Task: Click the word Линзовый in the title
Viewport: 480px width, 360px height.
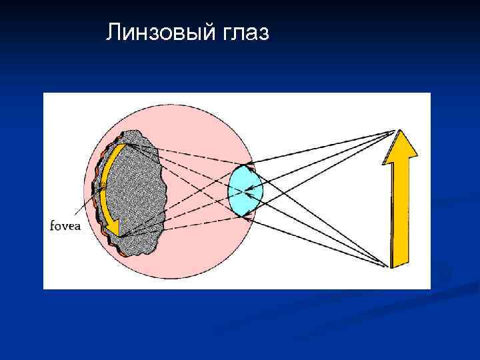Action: (159, 31)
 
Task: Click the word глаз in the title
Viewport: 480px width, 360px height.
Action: (243, 31)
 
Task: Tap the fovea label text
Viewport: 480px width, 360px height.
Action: (65, 225)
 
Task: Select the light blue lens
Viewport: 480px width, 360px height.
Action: (245, 191)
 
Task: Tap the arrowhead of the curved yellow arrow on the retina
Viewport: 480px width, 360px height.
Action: (114, 230)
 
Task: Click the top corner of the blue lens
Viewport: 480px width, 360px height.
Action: (247, 165)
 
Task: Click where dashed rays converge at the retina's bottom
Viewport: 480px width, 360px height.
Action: (120, 235)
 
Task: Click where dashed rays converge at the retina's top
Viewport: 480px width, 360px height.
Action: (127, 144)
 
